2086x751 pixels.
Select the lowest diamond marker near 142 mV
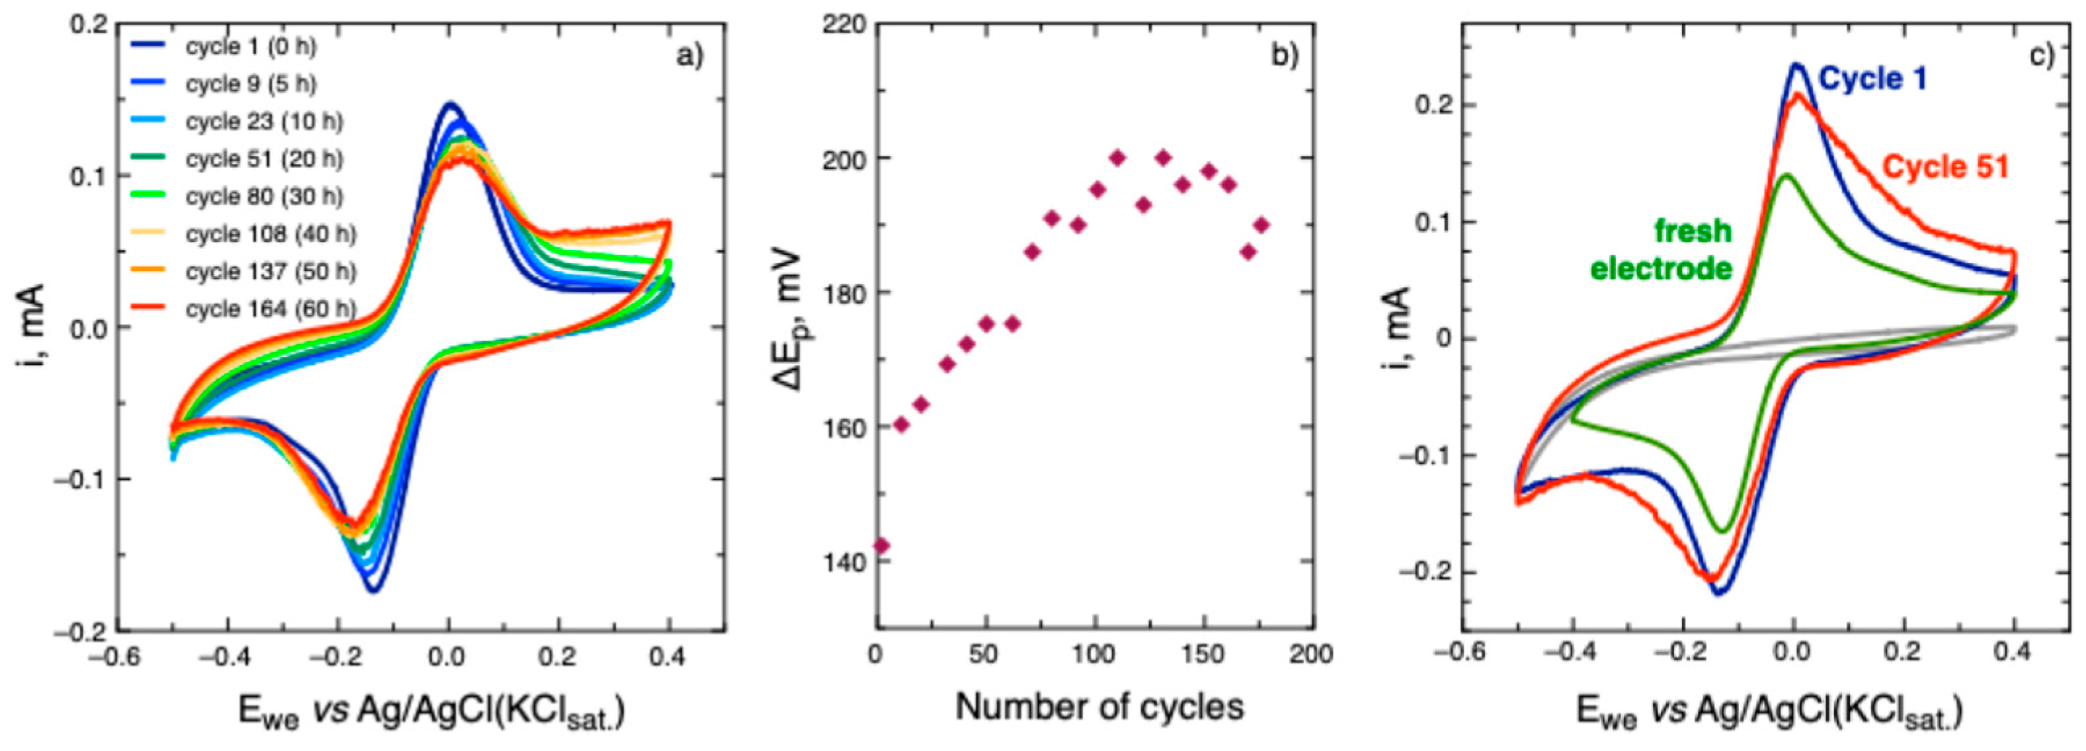tap(882, 545)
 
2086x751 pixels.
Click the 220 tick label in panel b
tap(844, 25)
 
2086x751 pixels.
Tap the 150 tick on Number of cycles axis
tap(1203, 654)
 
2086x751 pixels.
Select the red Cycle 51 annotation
tap(1945, 167)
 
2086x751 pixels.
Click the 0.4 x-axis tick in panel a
tap(667, 656)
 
